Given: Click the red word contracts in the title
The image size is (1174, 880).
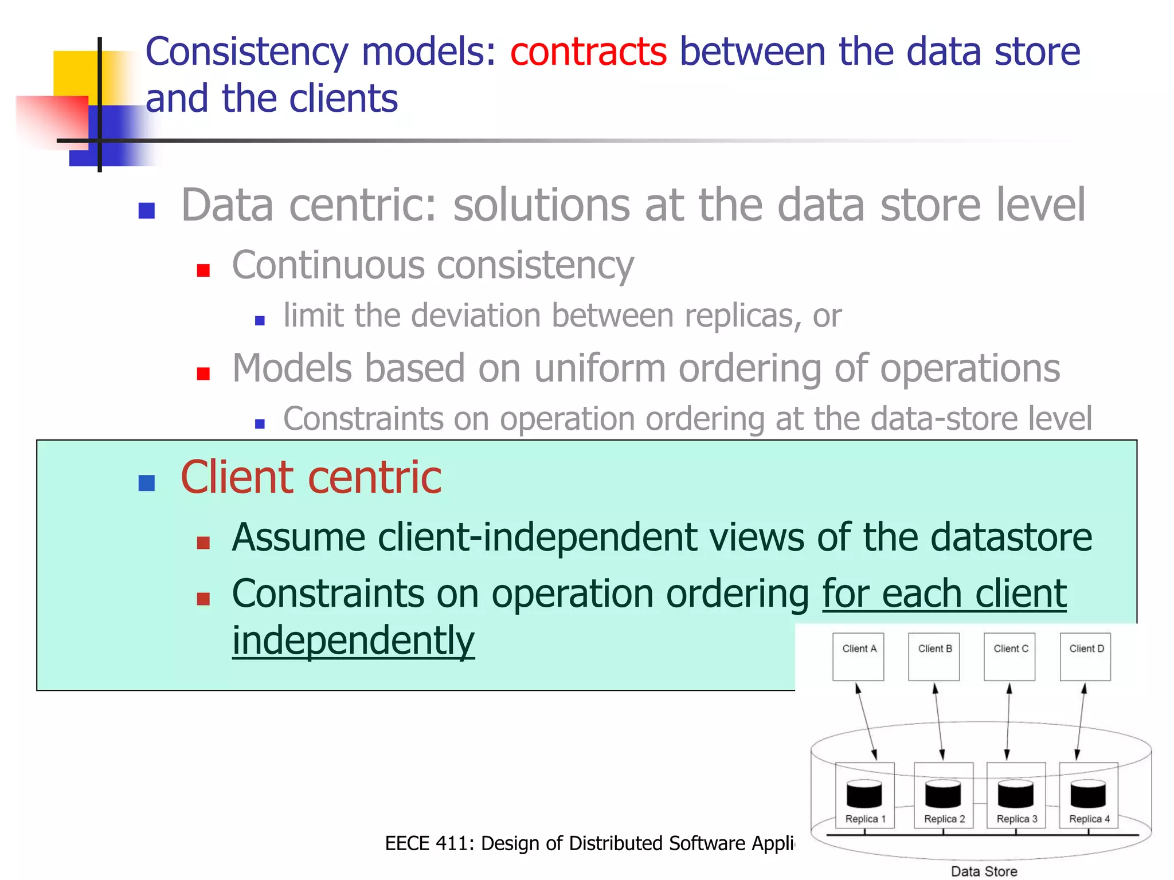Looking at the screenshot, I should tap(588, 52).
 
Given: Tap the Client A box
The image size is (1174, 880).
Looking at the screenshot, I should tap(858, 657).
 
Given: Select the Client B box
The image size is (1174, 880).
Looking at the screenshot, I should tap(934, 657).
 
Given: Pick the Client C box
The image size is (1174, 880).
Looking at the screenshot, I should tap(1009, 657).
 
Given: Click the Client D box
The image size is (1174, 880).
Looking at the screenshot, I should tap(1085, 657).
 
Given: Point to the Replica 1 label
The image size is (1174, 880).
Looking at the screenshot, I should tap(865, 819).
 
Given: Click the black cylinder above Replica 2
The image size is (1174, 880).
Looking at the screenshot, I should tap(942, 794).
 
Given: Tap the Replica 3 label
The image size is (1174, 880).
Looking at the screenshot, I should tap(1016, 819).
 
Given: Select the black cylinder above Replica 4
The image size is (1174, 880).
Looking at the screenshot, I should tap(1087, 794).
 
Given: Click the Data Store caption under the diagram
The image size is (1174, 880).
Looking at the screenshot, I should tap(984, 871).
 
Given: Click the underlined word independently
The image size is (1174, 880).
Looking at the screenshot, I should tap(353, 641).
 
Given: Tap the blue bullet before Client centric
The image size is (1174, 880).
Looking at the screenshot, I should tap(147, 483).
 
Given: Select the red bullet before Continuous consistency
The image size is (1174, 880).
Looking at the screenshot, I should tap(203, 270).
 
